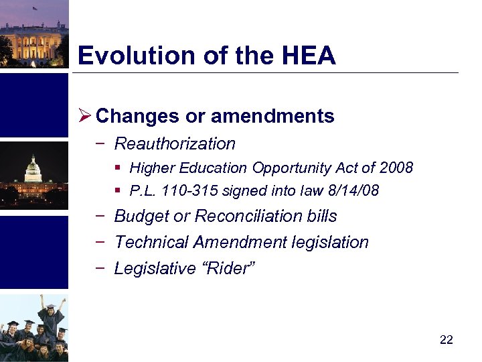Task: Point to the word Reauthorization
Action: (x=175, y=143)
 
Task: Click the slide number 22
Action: (x=447, y=340)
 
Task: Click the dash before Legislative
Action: (x=99, y=268)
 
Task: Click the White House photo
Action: (x=33, y=34)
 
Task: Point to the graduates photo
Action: (x=33, y=328)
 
